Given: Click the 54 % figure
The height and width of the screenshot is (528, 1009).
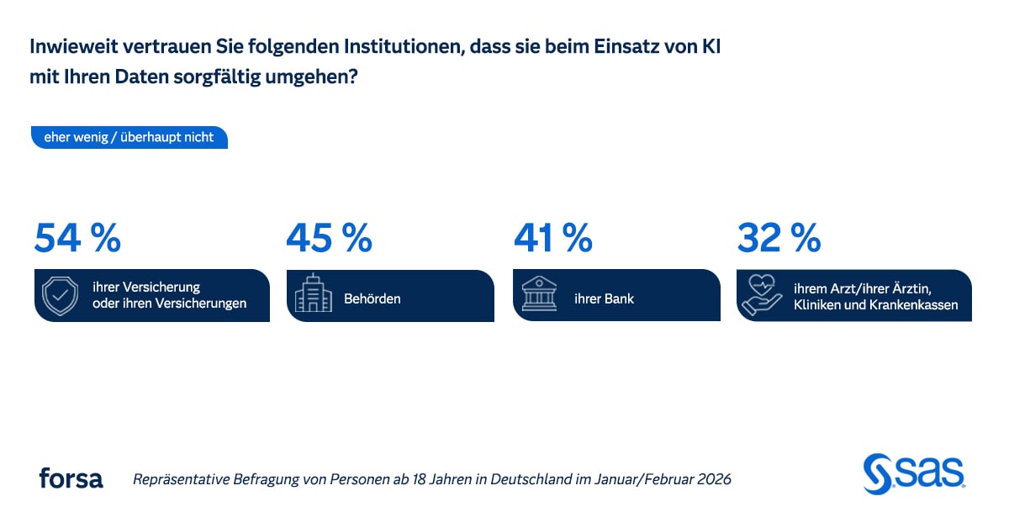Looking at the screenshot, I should click(77, 238).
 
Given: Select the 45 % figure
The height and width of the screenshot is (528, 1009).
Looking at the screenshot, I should click(329, 238).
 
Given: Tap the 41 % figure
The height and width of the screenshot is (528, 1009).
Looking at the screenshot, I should click(552, 238).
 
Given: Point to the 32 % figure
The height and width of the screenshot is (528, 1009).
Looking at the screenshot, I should click(779, 238).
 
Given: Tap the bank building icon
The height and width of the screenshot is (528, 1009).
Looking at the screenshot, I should click(539, 295).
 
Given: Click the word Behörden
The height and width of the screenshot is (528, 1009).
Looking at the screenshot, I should click(372, 298).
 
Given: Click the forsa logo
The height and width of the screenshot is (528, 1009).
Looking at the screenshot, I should click(71, 478).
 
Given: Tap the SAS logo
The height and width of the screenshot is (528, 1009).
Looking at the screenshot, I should click(914, 473).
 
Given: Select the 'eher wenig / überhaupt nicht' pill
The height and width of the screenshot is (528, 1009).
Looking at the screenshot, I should click(129, 137).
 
